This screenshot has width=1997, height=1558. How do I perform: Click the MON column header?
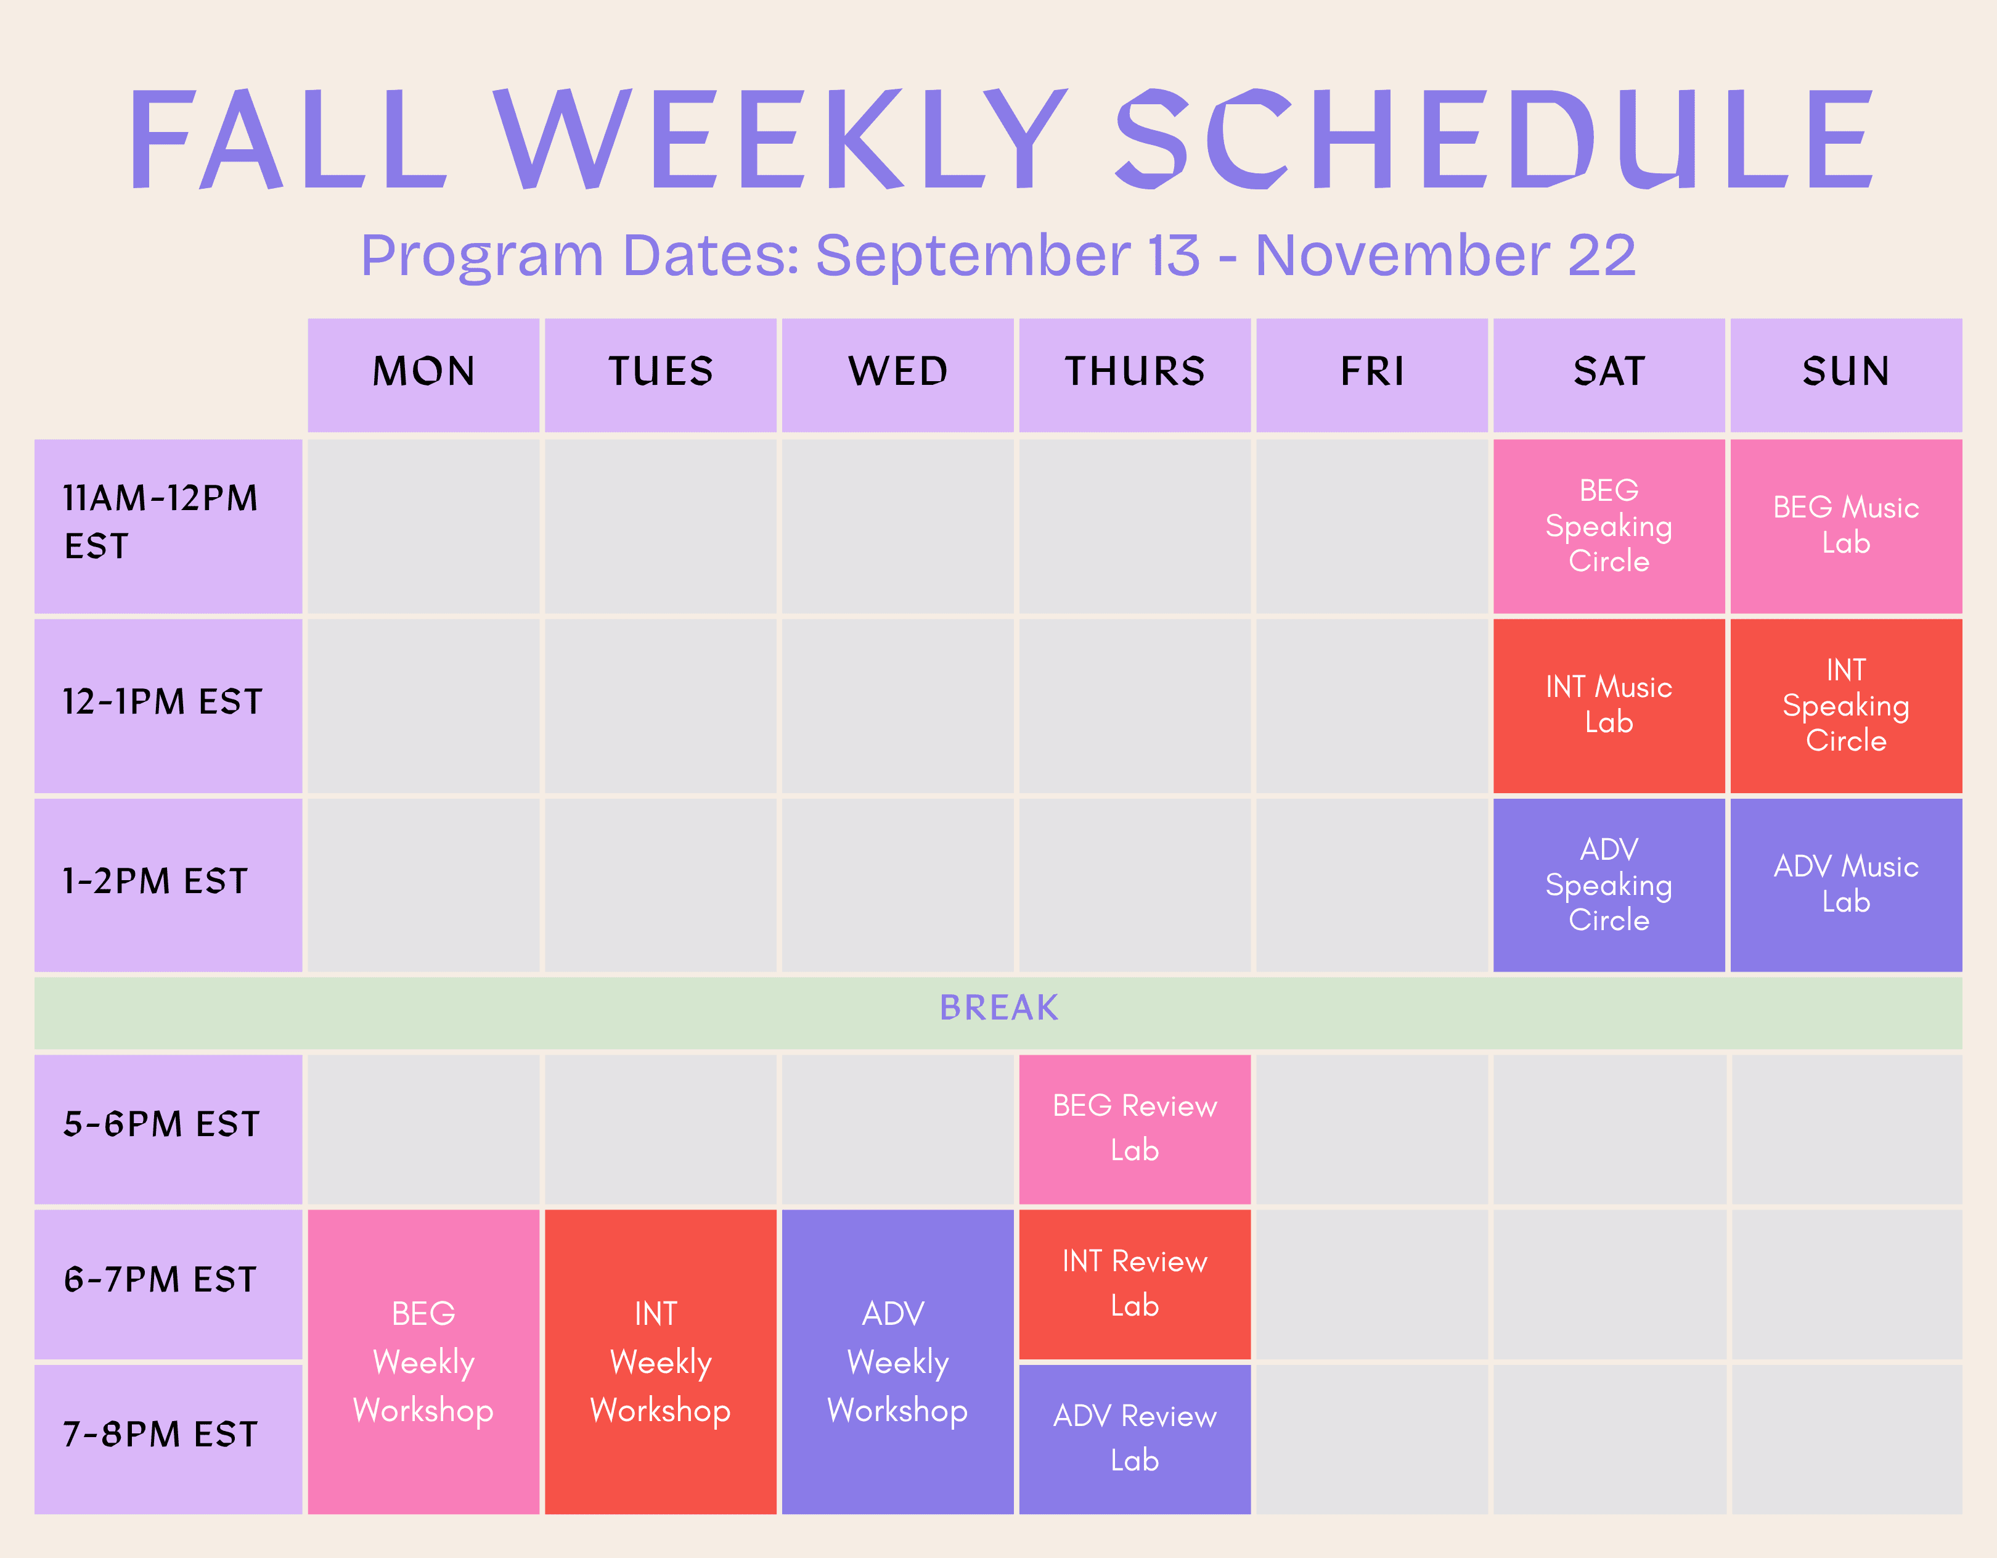(423, 375)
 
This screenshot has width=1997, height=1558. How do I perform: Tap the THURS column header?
(1135, 375)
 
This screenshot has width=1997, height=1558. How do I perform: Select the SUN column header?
(1846, 375)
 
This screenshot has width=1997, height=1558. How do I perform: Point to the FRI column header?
(1371, 375)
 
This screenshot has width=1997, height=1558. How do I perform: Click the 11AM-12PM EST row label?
(168, 526)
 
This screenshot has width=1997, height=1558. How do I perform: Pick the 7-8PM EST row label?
(168, 1439)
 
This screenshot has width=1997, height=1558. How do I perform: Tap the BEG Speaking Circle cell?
(1609, 526)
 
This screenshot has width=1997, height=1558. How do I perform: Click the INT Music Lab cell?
(1609, 706)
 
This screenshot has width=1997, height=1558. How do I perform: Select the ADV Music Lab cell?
(1846, 884)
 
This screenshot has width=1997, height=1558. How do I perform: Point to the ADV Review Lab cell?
(1135, 1439)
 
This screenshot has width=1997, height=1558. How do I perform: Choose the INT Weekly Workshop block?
(660, 1361)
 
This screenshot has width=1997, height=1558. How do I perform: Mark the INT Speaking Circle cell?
(1846, 706)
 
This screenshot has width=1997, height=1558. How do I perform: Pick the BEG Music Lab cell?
(1846, 526)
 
